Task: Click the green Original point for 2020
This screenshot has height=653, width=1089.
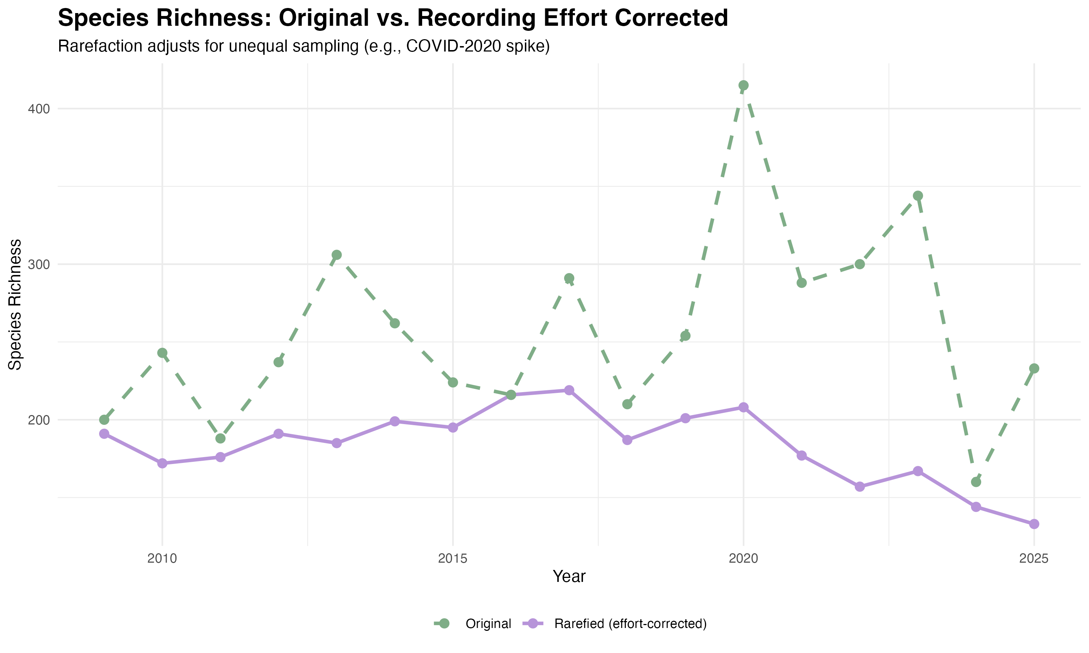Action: coord(743,85)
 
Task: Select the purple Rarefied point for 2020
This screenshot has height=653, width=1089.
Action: coord(743,407)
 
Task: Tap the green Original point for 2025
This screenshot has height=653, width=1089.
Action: coord(1034,368)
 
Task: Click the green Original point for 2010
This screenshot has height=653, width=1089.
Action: coord(162,353)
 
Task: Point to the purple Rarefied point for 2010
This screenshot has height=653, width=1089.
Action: coord(162,463)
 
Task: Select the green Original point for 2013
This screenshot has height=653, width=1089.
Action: coord(337,255)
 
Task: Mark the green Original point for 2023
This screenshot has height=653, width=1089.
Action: coord(918,196)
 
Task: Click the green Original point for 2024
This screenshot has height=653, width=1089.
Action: coord(976,482)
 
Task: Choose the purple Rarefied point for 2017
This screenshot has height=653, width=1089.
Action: coord(569,390)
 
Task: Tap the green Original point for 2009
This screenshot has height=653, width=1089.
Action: coord(104,420)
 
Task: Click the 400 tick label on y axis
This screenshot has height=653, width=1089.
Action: coord(38,109)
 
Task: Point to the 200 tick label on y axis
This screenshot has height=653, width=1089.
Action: coord(38,420)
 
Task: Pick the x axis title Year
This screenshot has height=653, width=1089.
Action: coord(569,577)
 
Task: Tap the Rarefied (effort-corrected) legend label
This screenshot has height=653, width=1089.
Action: coord(630,624)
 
